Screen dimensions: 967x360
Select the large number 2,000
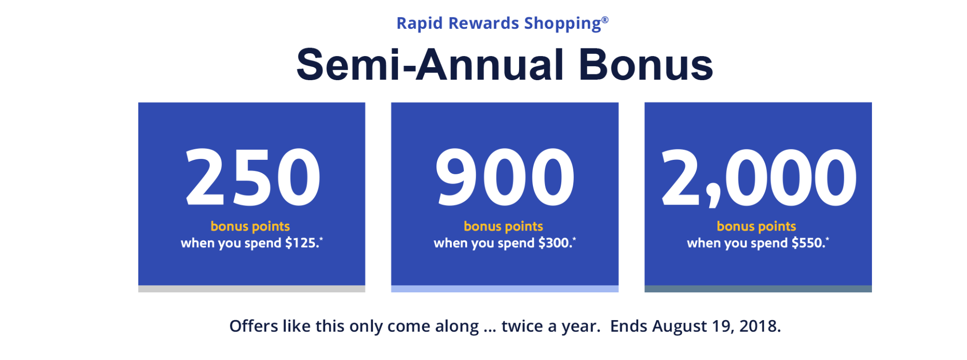pos(759,178)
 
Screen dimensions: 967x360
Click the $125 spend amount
pos(302,243)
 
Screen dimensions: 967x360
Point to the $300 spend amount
pos(556,243)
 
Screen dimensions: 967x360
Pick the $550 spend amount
pos(809,243)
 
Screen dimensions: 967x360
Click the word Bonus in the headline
pos(646,65)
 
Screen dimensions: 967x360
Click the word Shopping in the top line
pos(562,24)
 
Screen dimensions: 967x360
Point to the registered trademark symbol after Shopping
pos(605,20)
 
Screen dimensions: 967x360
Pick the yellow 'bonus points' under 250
pos(250,226)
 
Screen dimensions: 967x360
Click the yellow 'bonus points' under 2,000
pos(756,226)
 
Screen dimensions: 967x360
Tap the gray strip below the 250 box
pos(252,289)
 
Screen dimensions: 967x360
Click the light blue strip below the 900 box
pos(505,289)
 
